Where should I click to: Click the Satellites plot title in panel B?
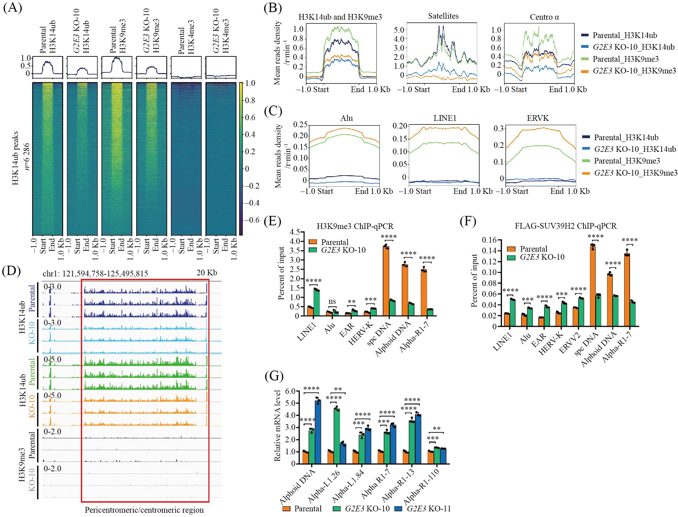[443, 16]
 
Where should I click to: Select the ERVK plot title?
[538, 118]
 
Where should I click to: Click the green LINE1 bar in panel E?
[316, 303]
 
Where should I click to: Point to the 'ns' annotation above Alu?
[332, 301]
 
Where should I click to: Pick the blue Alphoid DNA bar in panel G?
[318, 432]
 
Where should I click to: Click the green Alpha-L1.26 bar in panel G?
[337, 436]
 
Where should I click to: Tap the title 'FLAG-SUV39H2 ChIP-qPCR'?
[565, 226]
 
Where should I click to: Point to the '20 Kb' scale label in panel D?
[206, 273]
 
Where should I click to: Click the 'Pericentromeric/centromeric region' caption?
[144, 510]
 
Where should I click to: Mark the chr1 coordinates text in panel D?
[95, 274]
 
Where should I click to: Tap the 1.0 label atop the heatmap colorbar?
[250, 83]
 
